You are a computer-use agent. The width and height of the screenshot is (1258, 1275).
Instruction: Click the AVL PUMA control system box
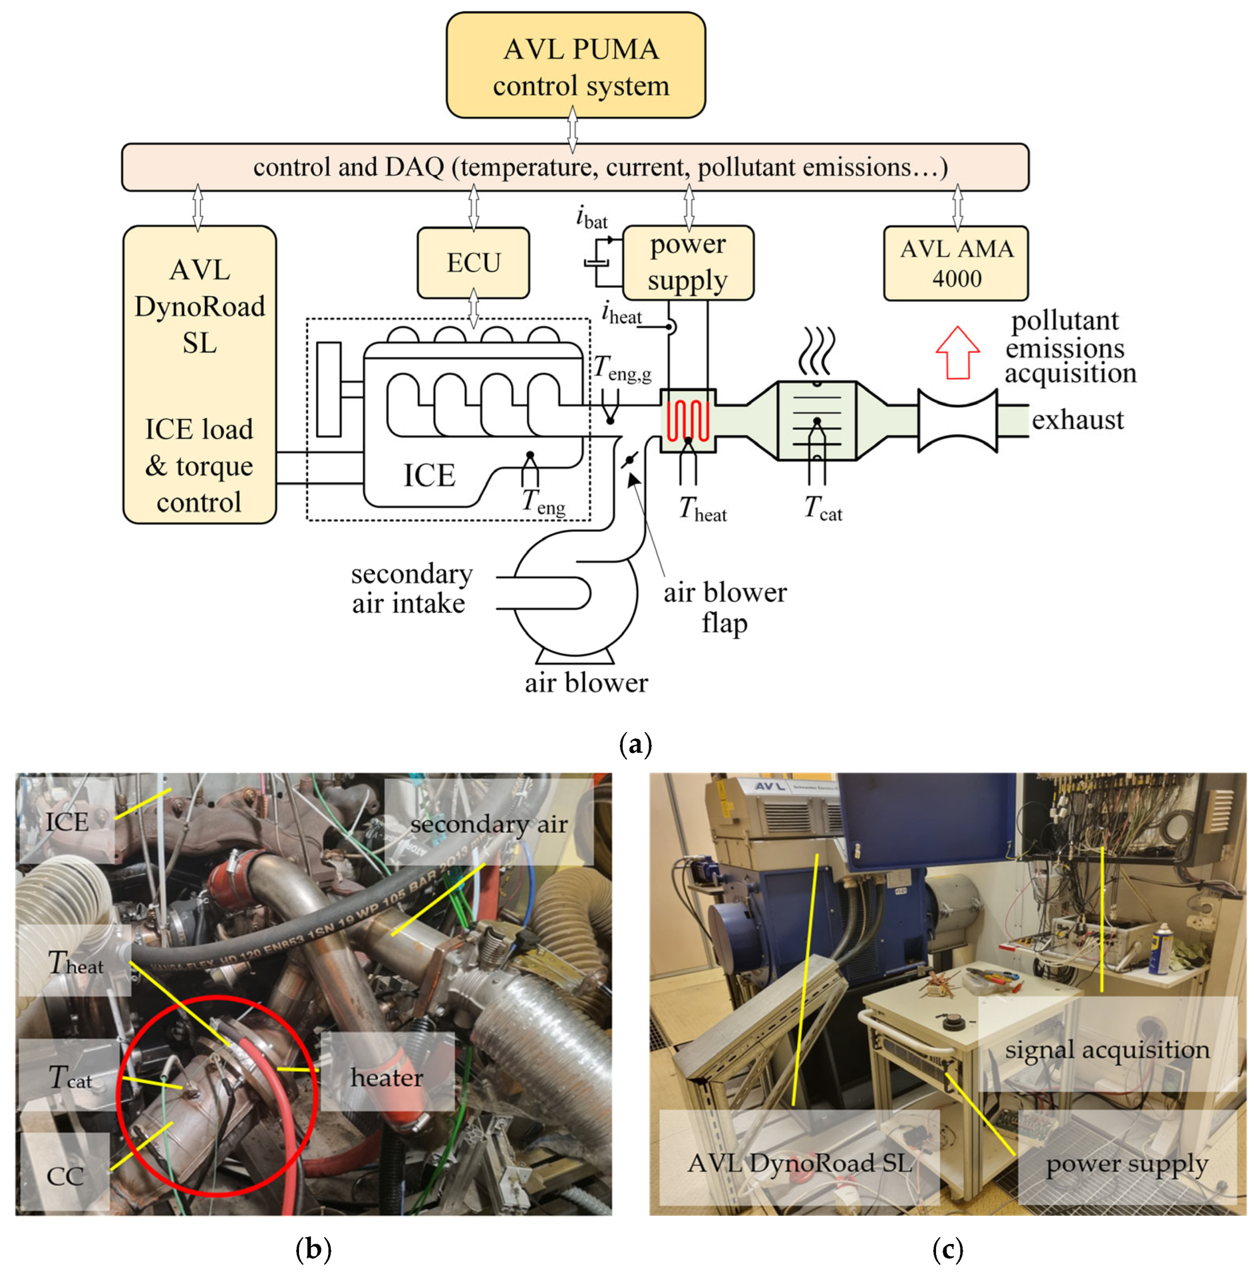pos(576,65)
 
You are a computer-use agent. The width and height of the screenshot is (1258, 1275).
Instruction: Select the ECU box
pos(473,263)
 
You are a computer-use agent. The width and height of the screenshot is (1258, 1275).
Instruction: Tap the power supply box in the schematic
pos(688,263)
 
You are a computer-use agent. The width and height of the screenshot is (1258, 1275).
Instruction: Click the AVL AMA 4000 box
pos(956,263)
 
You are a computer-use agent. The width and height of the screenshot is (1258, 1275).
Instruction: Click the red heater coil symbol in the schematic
pos(688,420)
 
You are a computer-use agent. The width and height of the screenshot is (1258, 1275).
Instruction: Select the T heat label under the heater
pos(703,509)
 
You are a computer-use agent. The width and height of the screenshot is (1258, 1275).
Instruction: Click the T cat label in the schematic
pos(823,509)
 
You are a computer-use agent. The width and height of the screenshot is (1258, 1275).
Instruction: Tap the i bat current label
pos(591,217)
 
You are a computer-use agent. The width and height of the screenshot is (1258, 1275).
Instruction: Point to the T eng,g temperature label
pos(622,368)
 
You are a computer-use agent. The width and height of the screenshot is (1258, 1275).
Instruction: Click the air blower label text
pos(586,682)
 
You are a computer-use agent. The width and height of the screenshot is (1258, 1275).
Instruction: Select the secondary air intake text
pos(412,589)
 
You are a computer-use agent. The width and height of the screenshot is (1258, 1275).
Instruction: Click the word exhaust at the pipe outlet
pos(1077,420)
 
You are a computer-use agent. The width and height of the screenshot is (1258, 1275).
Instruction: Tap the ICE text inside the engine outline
pos(429,475)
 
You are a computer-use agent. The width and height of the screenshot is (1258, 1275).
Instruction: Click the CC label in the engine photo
pos(65,1177)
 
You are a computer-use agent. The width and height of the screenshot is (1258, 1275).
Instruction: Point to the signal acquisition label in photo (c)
pos(1107,1050)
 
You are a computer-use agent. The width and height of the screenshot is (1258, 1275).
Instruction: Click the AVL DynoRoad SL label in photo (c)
pos(799,1163)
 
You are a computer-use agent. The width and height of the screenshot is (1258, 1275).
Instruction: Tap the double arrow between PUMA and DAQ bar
pos(572,130)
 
